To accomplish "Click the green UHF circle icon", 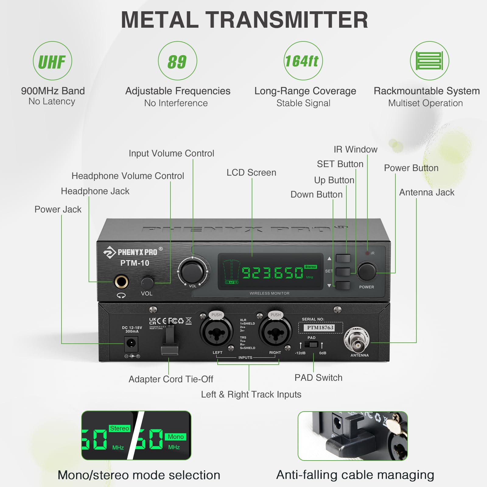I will tap(52, 61).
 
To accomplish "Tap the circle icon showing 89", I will tap(177, 61).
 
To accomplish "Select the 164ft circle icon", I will tap(303, 61).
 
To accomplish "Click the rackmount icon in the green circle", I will tap(429, 61).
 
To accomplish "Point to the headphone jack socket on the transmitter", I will tap(121, 282).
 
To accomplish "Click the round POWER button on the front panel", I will tap(367, 271).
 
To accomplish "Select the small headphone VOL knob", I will tap(147, 283).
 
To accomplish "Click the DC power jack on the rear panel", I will tap(131, 344).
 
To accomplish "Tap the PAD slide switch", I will tap(311, 345).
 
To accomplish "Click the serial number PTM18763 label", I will tap(320, 328).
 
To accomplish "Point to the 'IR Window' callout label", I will tap(355, 149).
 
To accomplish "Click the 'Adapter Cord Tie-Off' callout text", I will tap(171, 379).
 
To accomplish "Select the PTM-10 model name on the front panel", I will tap(135, 263).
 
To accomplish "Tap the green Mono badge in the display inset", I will tap(176, 437).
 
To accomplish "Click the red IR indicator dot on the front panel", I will tap(367, 253).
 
